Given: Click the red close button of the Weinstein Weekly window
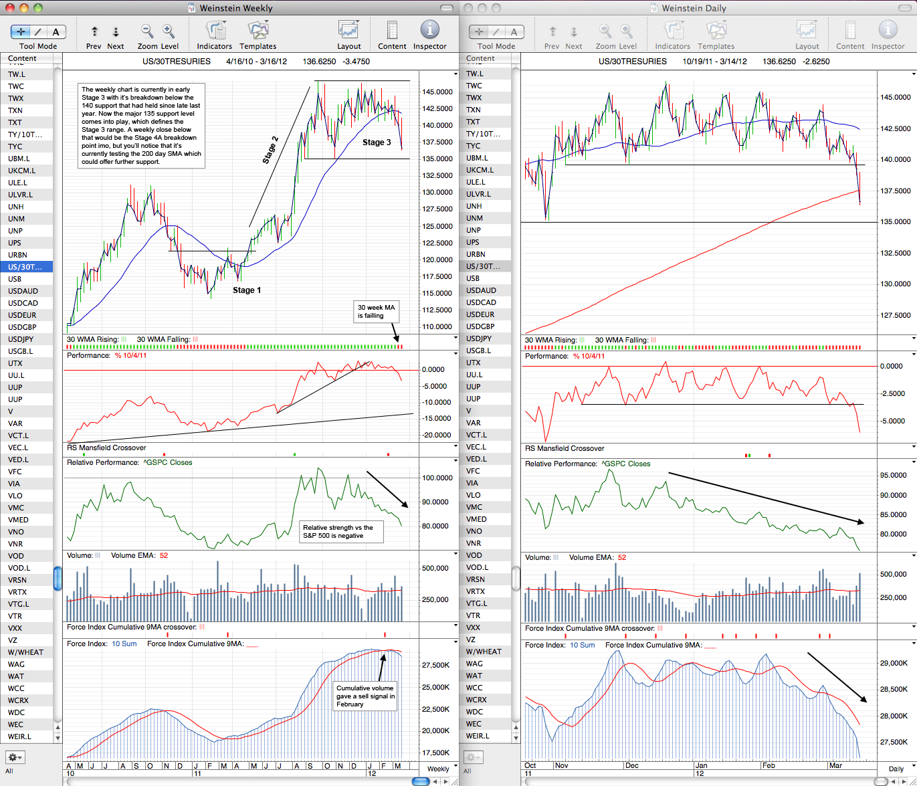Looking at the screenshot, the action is pos(10,7).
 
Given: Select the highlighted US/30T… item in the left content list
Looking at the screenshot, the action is pos(26,267).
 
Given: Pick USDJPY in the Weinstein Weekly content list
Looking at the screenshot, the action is pos(21,339).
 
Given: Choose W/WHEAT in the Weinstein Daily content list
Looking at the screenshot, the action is pos(484,652).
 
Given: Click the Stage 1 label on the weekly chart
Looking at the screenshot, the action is pos(247,290).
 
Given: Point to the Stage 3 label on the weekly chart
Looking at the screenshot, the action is pos(377,142).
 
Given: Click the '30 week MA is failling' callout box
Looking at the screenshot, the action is pos(376,312).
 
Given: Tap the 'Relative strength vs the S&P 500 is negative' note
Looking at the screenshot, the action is pos(341,532).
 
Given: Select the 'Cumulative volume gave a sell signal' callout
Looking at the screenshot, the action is pos(365,696).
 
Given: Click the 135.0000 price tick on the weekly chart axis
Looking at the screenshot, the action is pos(437,159).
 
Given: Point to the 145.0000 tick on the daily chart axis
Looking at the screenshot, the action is pos(895,97).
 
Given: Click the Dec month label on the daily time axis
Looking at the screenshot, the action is pos(631,765).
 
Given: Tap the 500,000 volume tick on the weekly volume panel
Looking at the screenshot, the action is pos(435,568).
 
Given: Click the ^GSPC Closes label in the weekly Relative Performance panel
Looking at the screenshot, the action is pos(168,462).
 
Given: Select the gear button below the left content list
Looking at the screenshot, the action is pos(15,757).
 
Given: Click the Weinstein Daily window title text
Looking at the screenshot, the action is pos(694,8).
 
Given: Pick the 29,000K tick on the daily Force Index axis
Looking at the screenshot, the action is pos(893,663).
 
